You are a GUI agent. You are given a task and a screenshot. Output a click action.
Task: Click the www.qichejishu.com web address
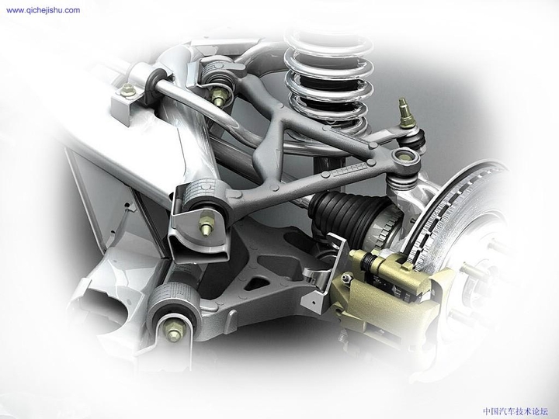[43, 10]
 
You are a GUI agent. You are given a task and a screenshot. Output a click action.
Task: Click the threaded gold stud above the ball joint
[404, 112]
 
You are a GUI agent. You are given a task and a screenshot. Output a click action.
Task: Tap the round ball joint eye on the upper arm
[404, 159]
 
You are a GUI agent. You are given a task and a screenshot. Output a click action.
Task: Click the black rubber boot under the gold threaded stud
[416, 140]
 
